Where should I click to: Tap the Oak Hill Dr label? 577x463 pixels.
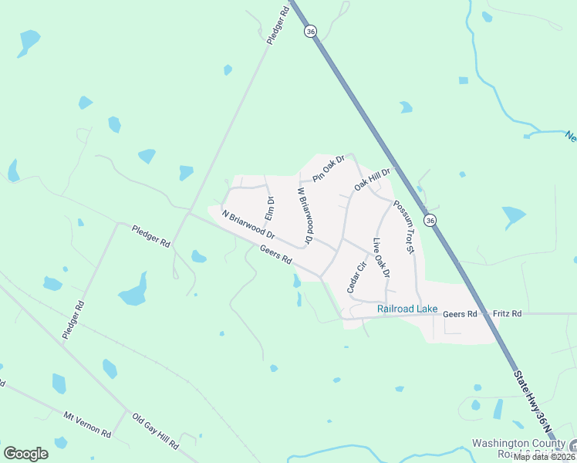[373, 180]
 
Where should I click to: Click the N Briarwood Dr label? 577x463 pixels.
[248, 224]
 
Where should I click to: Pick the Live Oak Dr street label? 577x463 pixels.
[381, 258]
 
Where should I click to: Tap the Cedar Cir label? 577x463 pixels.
[356, 277]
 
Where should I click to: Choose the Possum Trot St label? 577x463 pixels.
[404, 227]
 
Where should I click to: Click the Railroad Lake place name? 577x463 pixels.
[407, 309]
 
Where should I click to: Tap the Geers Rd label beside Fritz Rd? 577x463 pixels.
[461, 314]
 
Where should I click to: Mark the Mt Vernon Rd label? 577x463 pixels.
[88, 424]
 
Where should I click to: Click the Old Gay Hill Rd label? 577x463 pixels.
[155, 432]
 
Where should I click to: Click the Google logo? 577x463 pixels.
[25, 453]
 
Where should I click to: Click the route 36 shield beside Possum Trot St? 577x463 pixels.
[432, 220]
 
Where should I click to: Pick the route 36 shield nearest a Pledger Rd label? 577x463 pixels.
[310, 31]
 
